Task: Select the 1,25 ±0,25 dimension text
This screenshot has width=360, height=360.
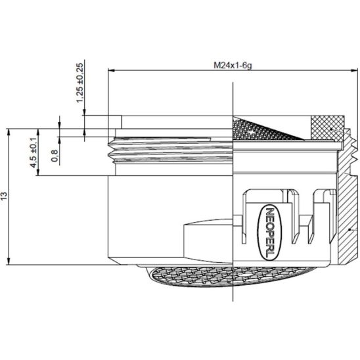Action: [x=80, y=82]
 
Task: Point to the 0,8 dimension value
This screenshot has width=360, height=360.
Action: [x=55, y=156]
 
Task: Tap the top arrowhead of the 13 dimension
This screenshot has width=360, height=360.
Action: [x=9, y=131]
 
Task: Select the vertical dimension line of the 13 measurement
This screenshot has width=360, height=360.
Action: [x=9, y=197]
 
